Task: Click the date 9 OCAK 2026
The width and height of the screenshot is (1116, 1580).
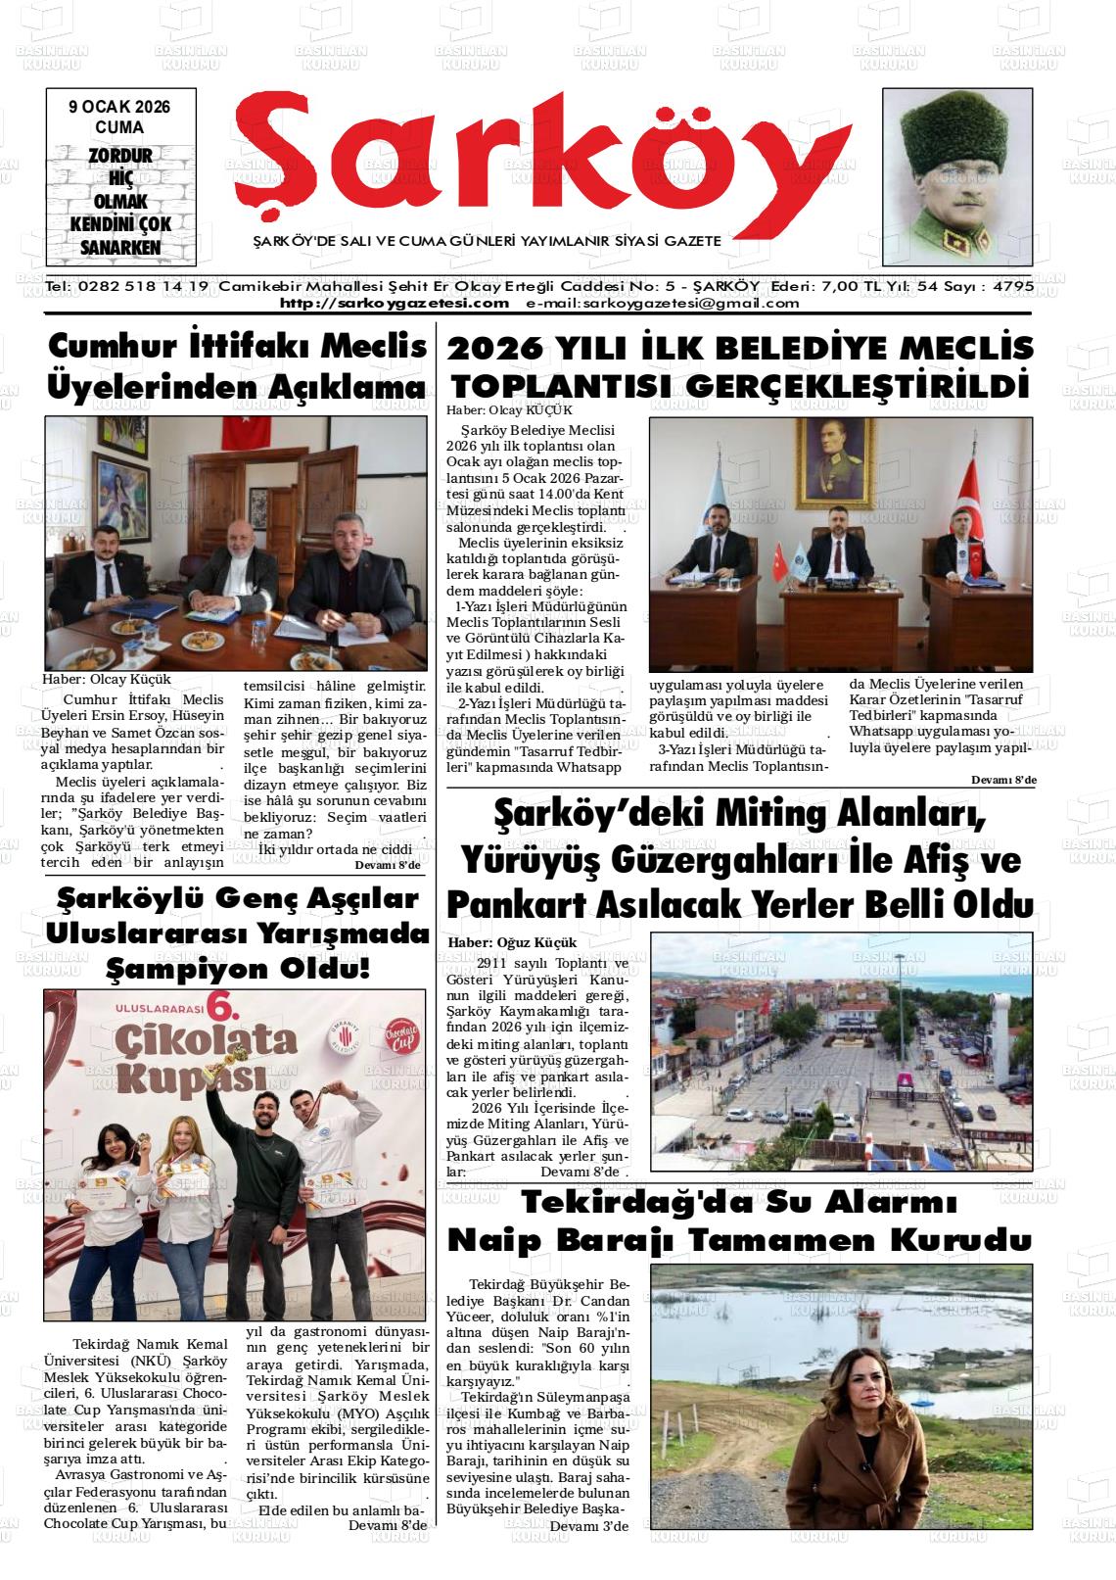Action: [x=119, y=107]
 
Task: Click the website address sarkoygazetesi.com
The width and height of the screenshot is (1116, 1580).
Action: [x=395, y=303]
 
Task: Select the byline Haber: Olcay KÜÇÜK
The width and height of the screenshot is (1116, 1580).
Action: [x=509, y=410]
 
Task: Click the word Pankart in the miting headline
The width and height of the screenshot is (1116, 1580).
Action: [x=513, y=902]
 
